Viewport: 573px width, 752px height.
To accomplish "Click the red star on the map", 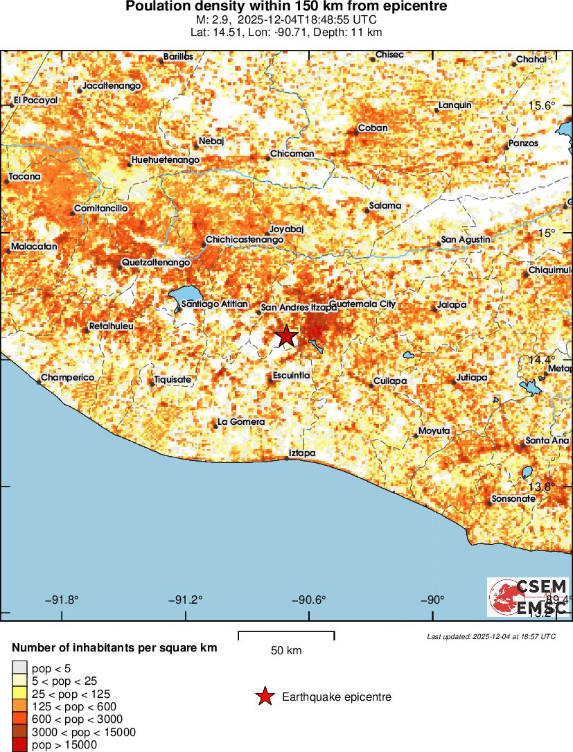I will click(286, 336).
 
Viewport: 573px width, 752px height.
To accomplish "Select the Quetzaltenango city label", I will click(156, 263).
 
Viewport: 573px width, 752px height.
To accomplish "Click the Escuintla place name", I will click(291, 375).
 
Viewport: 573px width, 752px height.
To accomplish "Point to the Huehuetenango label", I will click(165, 160).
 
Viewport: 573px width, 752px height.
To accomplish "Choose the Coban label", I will click(371, 129).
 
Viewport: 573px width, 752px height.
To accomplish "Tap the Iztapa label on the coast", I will click(302, 453).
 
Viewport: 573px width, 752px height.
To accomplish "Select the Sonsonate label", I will click(513, 499).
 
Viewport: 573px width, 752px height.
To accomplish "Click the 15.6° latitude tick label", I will click(543, 105).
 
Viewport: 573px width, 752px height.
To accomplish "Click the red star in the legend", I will click(265, 697).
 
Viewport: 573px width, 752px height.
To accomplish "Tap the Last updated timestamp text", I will click(491, 636).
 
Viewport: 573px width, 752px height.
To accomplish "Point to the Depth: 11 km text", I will click(349, 32).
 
